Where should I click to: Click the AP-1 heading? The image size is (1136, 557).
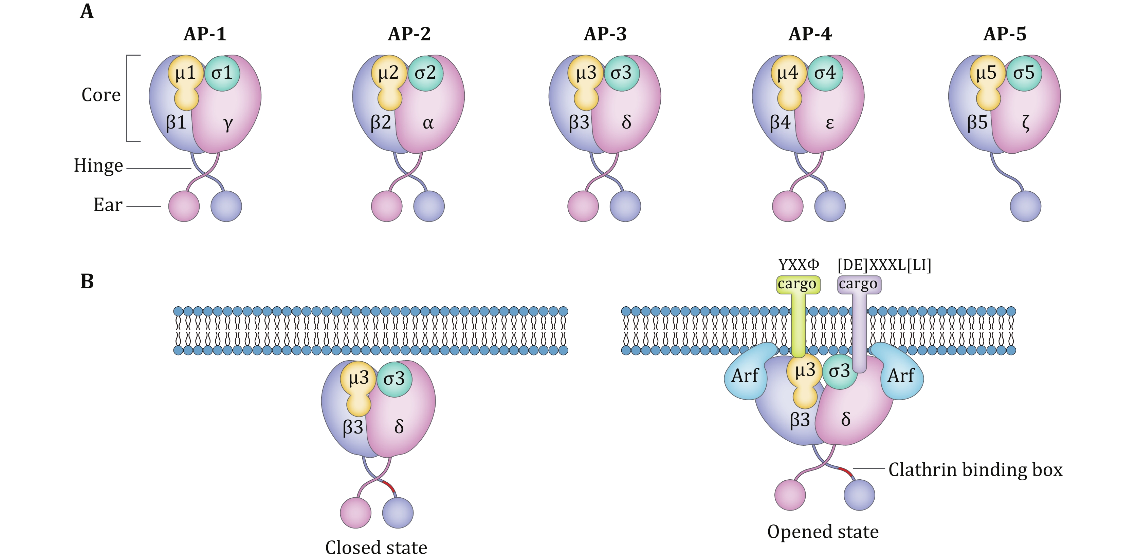tap(205, 34)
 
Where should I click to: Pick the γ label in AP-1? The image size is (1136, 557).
tap(227, 123)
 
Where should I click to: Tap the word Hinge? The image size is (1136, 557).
tap(98, 166)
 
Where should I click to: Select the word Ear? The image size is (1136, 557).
tap(108, 205)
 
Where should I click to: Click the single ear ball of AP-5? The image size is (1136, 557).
tap(1025, 206)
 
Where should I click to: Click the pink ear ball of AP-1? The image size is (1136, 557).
tap(184, 206)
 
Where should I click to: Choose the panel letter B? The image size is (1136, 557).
tap(87, 281)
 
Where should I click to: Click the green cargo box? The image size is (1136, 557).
tap(798, 284)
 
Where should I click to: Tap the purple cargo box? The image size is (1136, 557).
tap(859, 284)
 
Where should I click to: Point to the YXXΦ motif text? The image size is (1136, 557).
tap(799, 265)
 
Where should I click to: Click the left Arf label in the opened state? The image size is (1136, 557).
tap(745, 376)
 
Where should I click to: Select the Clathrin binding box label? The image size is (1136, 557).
tap(975, 470)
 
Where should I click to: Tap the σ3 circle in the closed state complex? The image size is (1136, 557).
tap(394, 379)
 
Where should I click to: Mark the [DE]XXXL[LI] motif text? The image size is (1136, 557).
tap(884, 265)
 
